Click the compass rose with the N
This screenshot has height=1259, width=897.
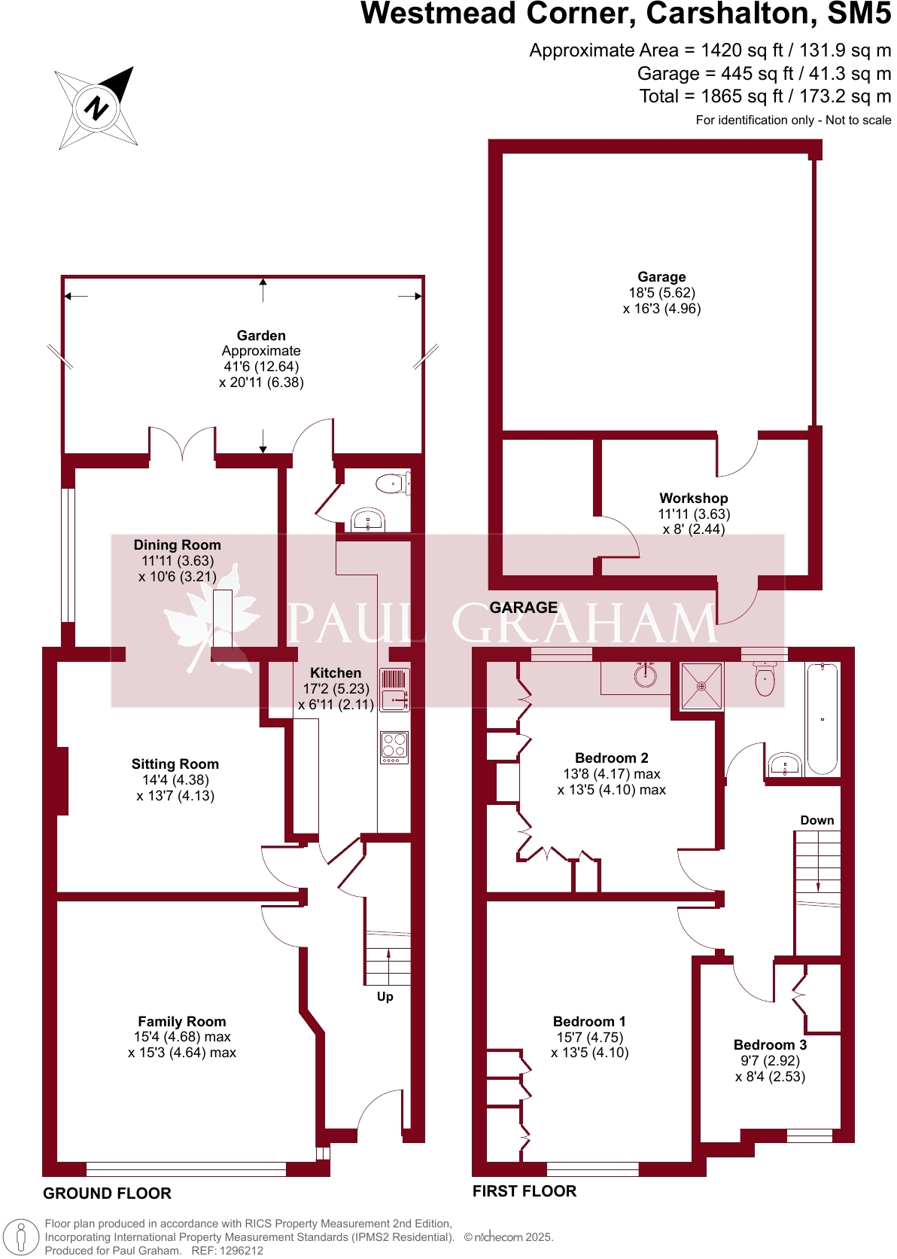(x=96, y=108)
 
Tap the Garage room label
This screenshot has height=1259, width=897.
(x=661, y=277)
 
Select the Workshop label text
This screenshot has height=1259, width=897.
(x=693, y=498)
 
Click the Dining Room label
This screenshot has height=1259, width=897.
(x=177, y=545)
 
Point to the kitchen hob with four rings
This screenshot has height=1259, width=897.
(x=394, y=747)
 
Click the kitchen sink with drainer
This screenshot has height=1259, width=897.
(x=394, y=690)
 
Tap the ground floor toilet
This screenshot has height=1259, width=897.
(x=392, y=483)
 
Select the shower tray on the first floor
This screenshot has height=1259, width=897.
(x=701, y=686)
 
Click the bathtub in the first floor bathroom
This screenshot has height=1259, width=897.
(x=822, y=719)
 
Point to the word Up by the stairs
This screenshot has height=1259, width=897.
(x=385, y=996)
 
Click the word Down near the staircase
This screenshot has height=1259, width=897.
(x=816, y=820)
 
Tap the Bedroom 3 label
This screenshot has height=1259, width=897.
(x=770, y=1045)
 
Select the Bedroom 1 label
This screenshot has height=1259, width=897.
(x=589, y=1022)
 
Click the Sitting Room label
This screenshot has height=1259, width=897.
(x=175, y=764)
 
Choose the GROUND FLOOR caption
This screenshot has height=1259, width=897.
(x=107, y=1193)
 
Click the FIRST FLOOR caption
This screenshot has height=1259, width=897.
(x=524, y=1191)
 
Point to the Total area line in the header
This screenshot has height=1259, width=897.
(x=765, y=96)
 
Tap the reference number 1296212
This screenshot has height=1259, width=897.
(x=239, y=1251)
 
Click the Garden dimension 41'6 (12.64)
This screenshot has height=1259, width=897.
(x=261, y=367)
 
